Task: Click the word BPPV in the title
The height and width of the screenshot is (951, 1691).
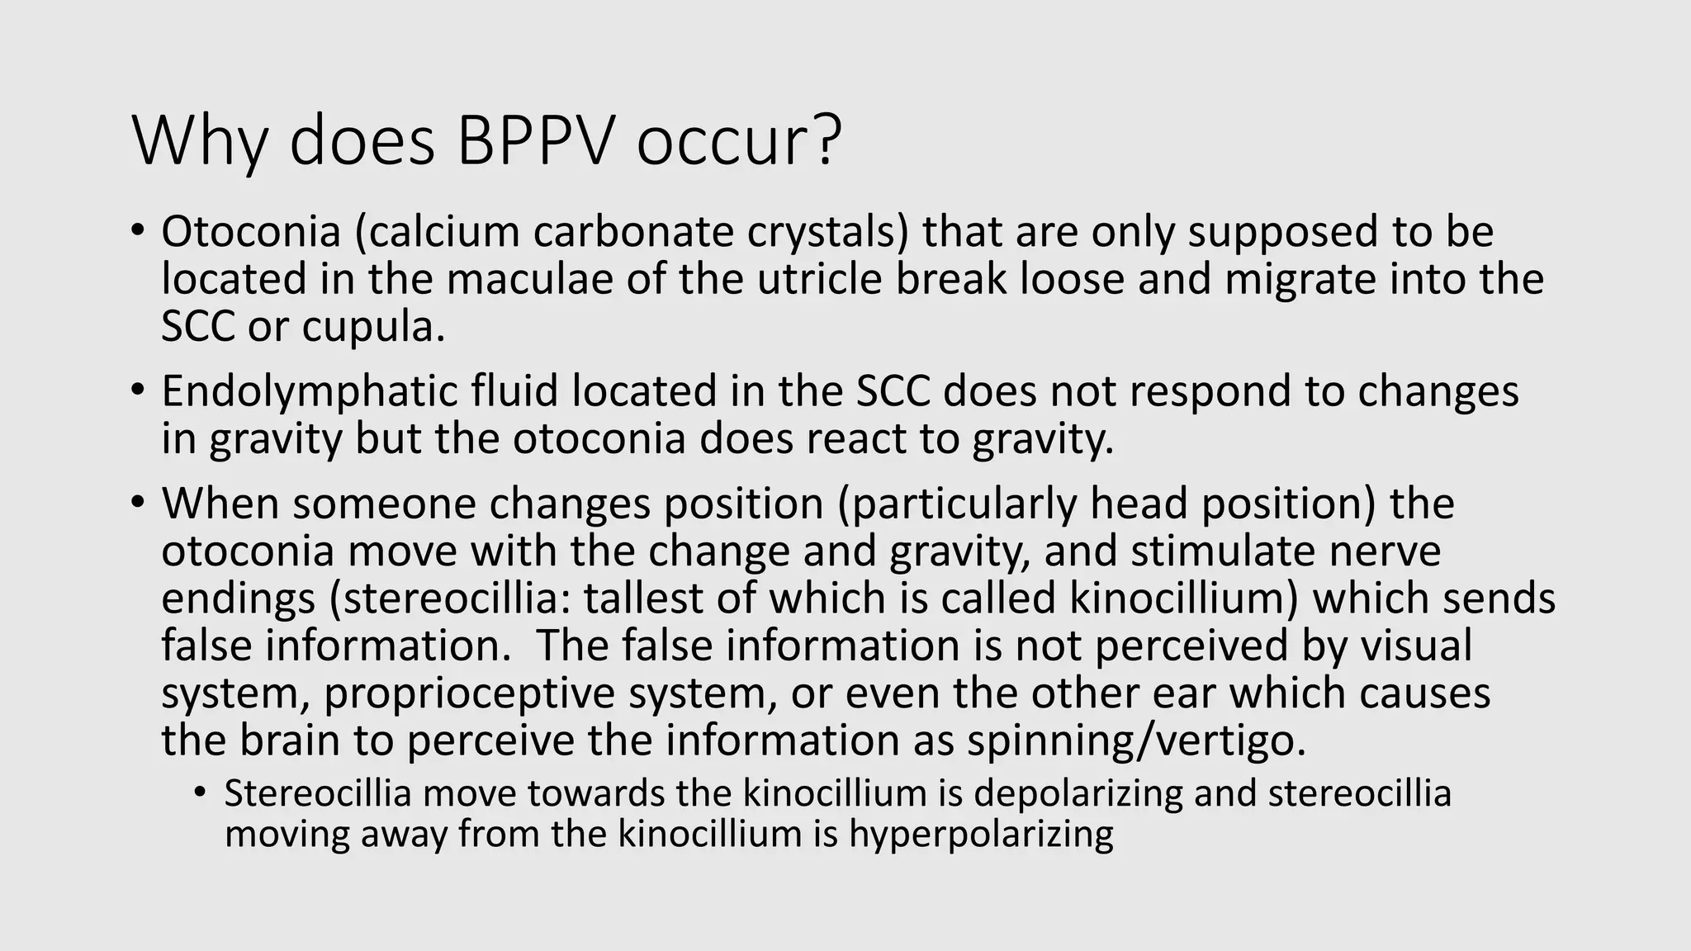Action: point(535,140)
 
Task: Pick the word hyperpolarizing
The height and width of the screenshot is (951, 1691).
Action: point(981,834)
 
